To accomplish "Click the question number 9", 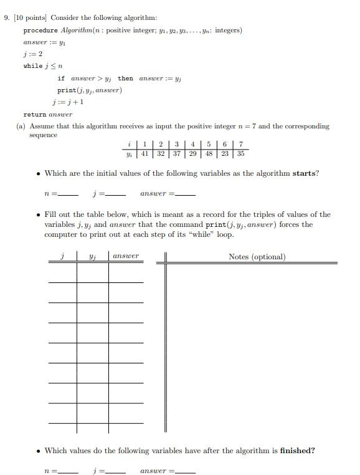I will coord(6,18).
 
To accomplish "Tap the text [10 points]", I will coord(29,18).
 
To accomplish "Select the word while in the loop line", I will coord(33,66).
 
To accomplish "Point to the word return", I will coord(34,114).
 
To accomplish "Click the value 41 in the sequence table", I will coord(144,153).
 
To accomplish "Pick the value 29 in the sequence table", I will coord(192,153).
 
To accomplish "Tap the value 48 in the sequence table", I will coord(209,153).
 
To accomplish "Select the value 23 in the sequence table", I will coord(224,153).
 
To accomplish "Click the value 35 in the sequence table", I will coord(240,153).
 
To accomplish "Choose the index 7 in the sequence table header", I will coord(240,145).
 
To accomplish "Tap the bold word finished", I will coord(296,451).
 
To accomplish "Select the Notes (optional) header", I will coord(257,257).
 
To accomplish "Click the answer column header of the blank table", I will coord(126,256).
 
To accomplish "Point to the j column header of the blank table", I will coord(62,256).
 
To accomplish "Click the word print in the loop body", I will coord(66,90).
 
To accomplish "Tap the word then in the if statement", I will coord(125,79).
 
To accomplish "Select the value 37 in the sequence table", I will coord(176,153).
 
